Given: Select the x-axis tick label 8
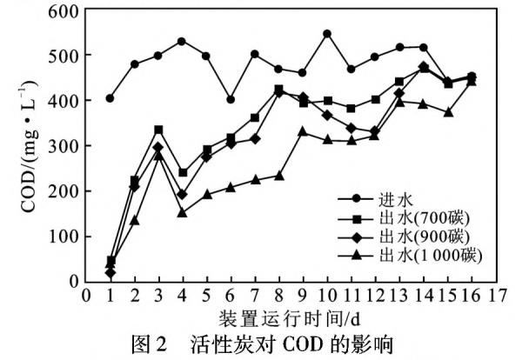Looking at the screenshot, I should tap(279, 296).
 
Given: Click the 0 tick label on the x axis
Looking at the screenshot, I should tap(85, 296).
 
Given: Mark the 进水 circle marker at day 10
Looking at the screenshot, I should tap(327, 34).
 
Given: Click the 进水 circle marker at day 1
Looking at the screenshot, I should tap(110, 98).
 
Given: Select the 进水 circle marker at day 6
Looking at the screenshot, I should tap(231, 100).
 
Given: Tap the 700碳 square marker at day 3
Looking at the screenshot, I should tap(158, 130).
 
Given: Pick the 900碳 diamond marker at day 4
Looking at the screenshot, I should tap(182, 195).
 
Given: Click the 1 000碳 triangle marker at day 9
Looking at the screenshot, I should tap(303, 131).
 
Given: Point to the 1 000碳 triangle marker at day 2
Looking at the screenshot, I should tap(134, 220).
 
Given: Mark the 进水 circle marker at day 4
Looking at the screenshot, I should tap(182, 42).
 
